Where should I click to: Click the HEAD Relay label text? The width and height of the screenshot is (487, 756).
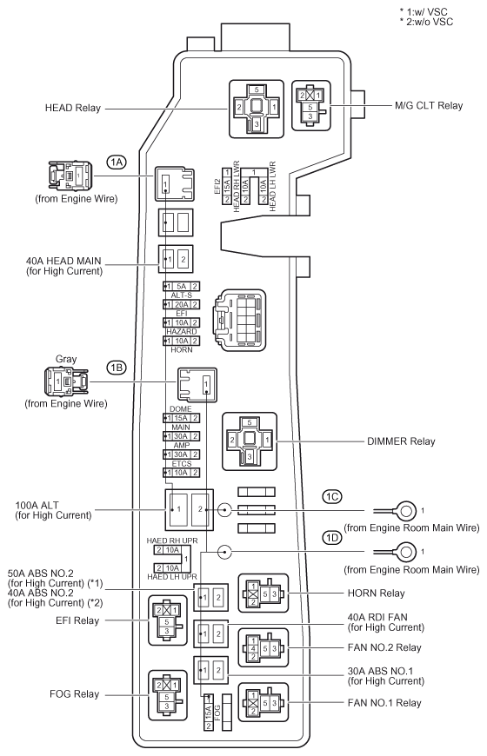coord(72,108)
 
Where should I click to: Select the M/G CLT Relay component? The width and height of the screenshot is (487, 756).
coord(311,106)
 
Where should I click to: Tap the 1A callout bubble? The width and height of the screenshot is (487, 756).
coord(117,162)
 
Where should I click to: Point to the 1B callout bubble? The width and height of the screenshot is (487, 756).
coord(117,368)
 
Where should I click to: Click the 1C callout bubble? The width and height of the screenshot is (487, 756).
coord(332,496)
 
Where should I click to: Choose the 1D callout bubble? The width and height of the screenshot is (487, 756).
coord(332,538)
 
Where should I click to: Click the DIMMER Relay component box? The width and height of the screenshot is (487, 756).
coord(250,441)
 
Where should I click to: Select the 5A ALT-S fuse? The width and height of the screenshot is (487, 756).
coord(182,287)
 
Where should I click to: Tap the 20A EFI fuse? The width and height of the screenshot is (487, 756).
coord(182,304)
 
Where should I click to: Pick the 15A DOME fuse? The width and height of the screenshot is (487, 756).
coord(182,418)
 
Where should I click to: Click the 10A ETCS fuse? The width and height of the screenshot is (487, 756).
coord(182,473)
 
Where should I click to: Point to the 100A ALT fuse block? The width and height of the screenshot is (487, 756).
coord(190,509)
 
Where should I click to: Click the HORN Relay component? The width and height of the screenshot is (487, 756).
coord(264,594)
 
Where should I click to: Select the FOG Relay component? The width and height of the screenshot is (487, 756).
coord(168,696)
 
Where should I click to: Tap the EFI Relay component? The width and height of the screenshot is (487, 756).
coord(168,620)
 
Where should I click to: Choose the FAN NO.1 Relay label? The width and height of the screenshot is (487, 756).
coord(384,702)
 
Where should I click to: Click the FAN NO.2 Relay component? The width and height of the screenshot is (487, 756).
coord(264,648)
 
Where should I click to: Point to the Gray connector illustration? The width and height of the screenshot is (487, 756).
coord(66,381)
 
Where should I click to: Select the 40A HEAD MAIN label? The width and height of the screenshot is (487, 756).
coord(63,261)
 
